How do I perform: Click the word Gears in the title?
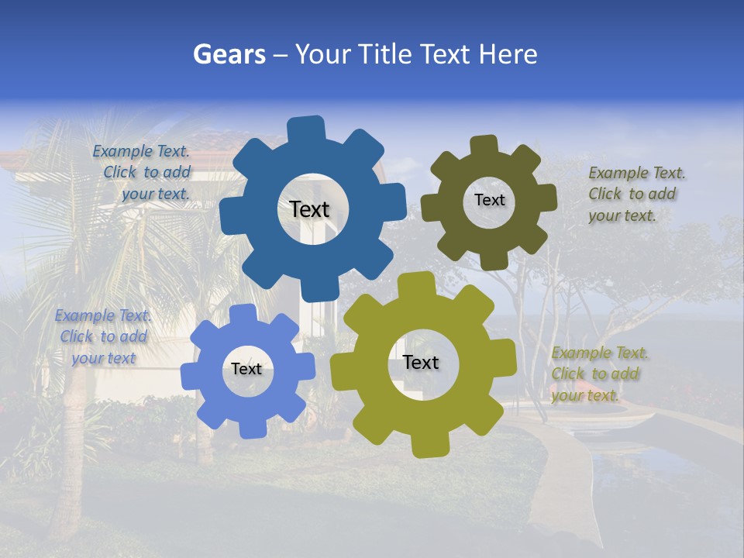229,54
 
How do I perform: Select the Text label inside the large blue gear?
309,209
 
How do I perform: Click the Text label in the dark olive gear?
489,200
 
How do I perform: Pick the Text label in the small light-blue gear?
246,370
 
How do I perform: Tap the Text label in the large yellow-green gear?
420,363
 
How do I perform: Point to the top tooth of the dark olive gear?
484,146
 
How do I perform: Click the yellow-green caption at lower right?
599,374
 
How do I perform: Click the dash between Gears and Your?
281,55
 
